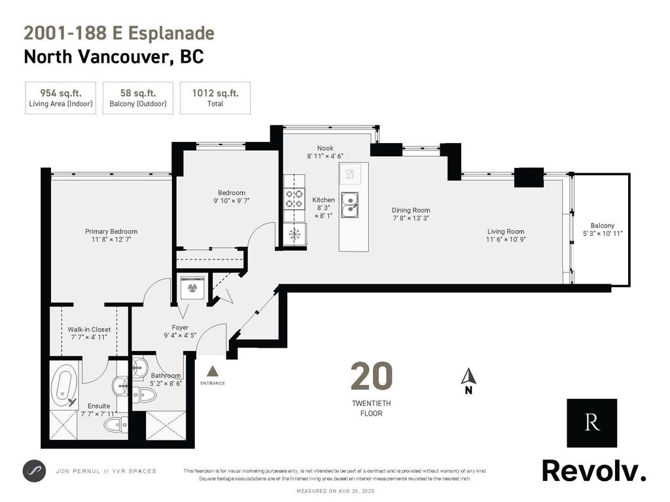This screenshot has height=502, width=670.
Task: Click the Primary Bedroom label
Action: (111, 231)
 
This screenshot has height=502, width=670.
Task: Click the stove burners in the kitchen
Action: (294, 198)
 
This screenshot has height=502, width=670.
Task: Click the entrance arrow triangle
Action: (212, 371)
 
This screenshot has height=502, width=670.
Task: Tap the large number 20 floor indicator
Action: (372, 376)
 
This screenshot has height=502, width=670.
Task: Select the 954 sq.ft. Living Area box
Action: (61, 98)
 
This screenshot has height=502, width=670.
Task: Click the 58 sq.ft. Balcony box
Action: (138, 98)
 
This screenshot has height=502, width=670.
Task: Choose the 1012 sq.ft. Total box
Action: (215, 98)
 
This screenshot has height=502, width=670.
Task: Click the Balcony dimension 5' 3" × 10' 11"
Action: (603, 233)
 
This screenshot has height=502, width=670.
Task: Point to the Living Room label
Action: (506, 231)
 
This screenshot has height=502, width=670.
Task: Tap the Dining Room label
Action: (411, 210)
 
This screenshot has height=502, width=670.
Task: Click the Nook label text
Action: (325, 148)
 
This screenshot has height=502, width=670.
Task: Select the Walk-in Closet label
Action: (89, 329)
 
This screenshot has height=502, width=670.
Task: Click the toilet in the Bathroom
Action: (144, 394)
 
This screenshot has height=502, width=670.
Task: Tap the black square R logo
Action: (591, 422)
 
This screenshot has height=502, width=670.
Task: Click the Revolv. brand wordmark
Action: (593, 470)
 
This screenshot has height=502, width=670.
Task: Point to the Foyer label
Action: (180, 327)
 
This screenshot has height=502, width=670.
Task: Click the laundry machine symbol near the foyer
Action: (192, 288)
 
